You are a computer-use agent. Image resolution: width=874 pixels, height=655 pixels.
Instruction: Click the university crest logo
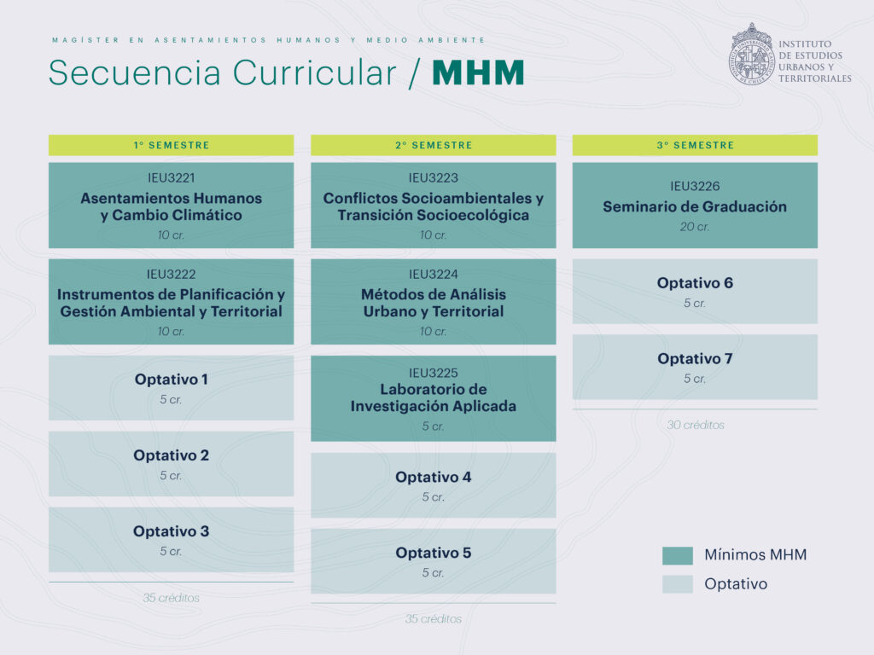751,54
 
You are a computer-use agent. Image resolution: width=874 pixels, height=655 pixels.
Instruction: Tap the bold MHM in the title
478,73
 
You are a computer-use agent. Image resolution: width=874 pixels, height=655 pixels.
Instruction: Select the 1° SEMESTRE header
171,145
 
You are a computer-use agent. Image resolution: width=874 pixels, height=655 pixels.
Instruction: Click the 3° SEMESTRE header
695,145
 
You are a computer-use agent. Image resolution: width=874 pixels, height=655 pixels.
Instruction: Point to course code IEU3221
171,178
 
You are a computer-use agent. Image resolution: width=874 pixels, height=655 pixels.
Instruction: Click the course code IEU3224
433,275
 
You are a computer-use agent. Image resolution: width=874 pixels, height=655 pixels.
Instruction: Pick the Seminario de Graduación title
695,206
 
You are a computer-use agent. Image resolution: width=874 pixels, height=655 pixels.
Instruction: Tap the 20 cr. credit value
695,227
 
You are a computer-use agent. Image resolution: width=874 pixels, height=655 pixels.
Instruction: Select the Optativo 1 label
171,380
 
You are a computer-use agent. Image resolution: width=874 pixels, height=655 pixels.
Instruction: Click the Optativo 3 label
171,531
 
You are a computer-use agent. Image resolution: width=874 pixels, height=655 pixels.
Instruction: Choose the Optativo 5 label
433,553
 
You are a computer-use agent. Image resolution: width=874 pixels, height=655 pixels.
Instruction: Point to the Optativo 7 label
695,359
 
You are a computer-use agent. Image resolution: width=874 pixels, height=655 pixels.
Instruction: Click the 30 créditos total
695,425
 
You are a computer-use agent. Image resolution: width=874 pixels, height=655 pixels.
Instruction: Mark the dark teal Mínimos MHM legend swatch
677,555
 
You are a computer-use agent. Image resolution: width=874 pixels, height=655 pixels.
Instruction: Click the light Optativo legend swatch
677,584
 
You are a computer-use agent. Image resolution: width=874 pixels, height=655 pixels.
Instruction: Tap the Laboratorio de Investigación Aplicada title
433,397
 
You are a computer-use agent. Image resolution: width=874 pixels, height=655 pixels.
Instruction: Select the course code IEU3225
433,374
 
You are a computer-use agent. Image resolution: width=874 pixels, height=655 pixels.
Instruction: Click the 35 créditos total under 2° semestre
433,619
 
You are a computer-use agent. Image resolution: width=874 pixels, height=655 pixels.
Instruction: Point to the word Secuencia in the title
135,73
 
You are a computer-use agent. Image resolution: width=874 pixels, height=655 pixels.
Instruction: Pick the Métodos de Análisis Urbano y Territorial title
433,303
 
